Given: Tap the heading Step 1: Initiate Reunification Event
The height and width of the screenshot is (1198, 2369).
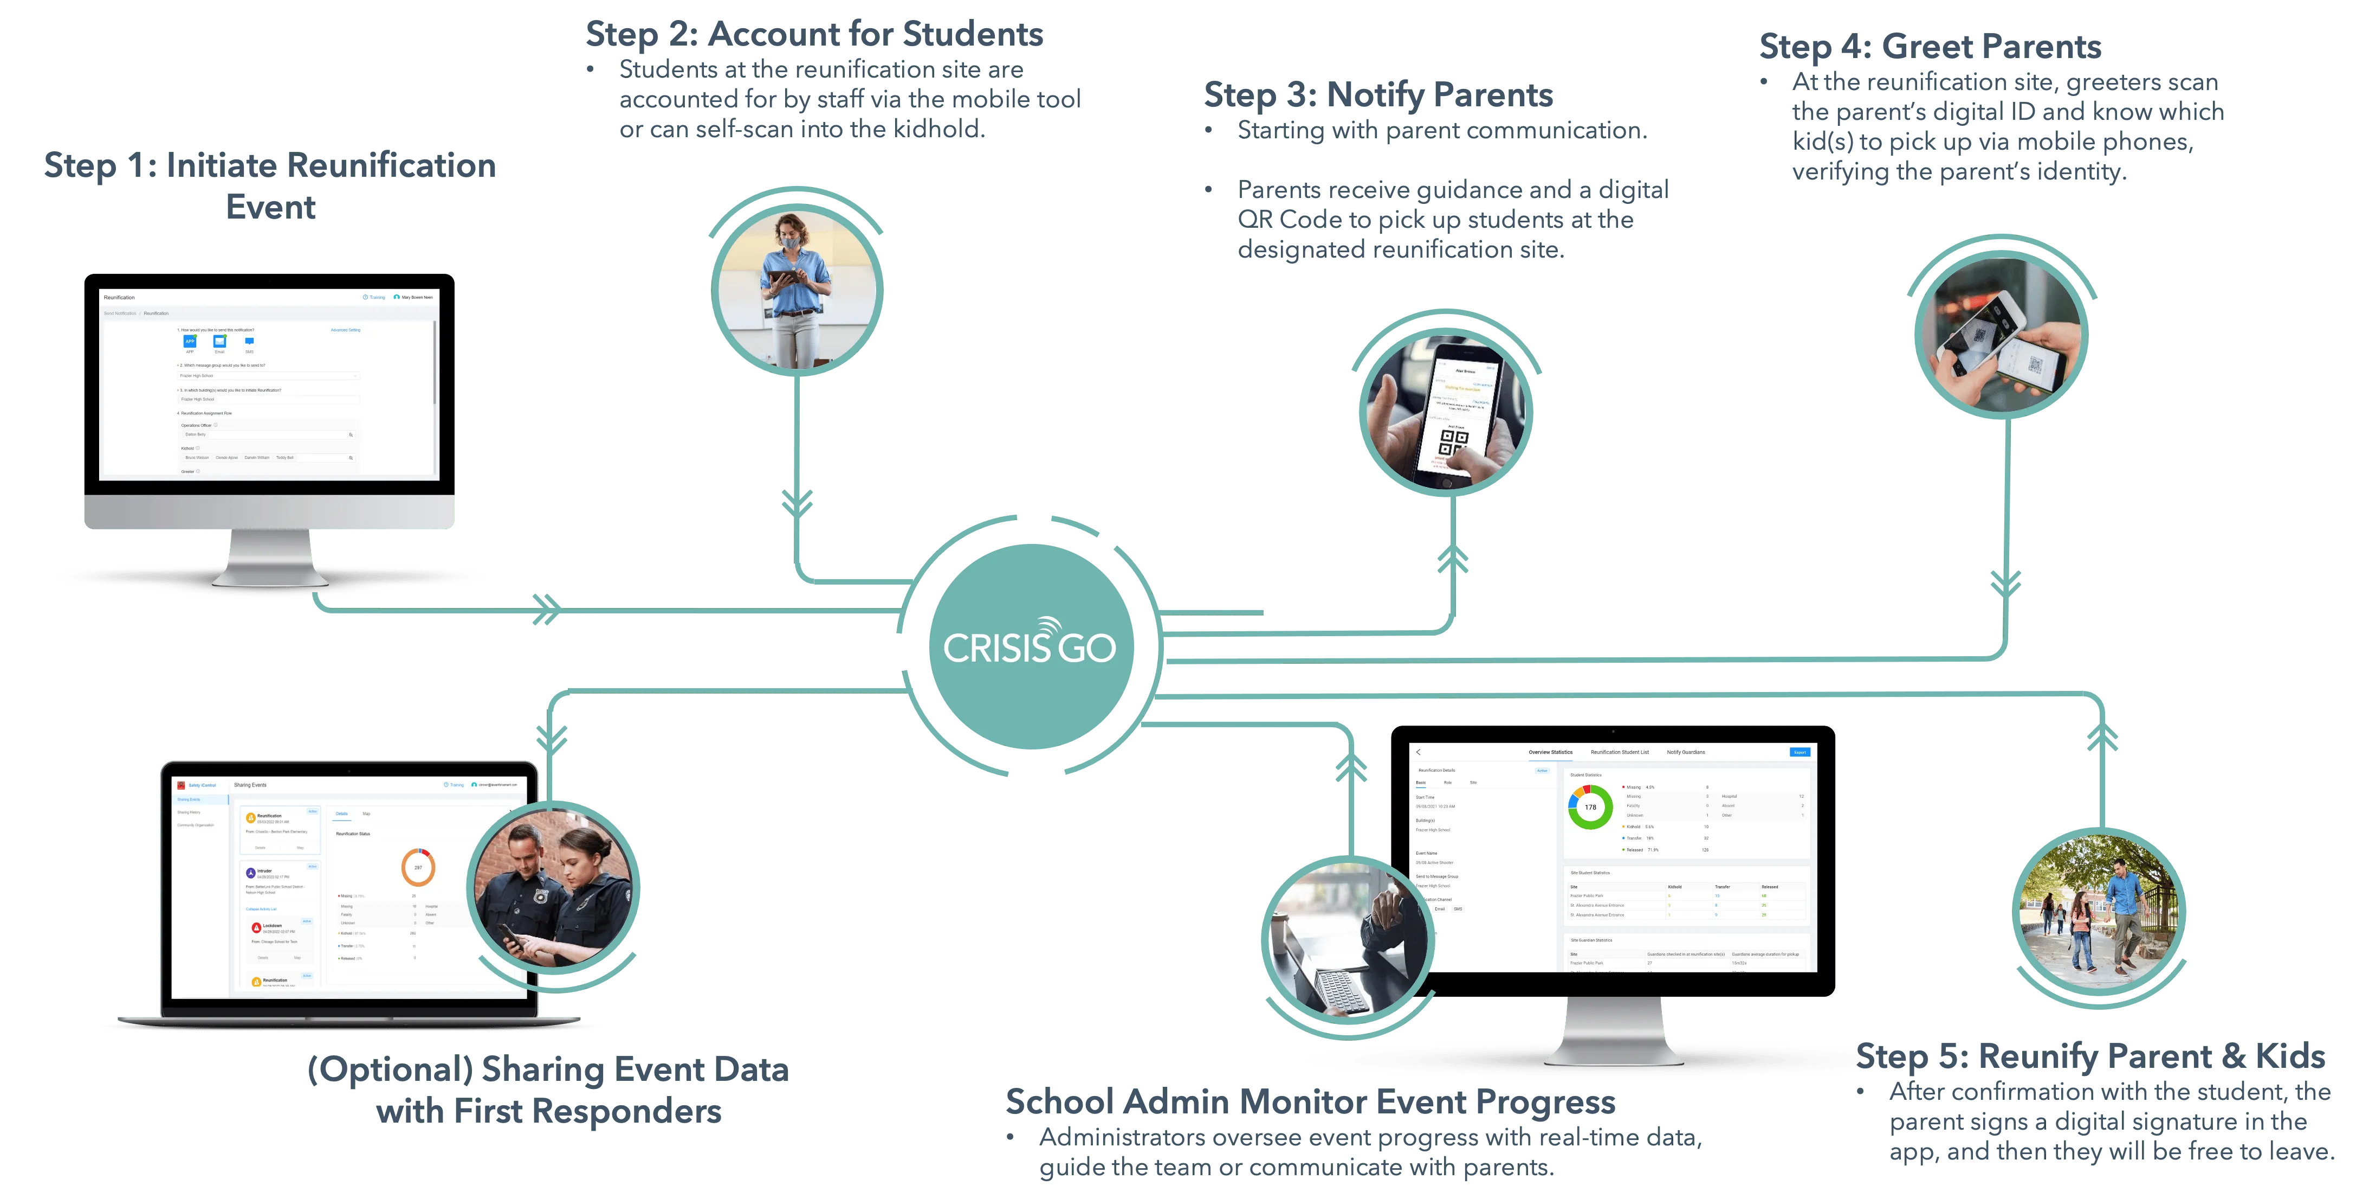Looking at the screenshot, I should point(270,184).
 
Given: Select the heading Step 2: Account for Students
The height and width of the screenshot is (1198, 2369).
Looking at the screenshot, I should point(815,35).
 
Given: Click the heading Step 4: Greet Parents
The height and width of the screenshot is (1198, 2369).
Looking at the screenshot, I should point(1930,46).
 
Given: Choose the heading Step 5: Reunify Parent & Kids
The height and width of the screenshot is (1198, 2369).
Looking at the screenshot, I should point(2091,1057).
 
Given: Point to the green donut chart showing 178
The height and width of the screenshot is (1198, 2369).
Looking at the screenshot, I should point(1590,807).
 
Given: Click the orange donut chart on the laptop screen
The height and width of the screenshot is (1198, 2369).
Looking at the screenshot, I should point(418,867).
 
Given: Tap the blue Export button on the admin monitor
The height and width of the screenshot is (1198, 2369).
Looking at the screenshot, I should point(1800,752).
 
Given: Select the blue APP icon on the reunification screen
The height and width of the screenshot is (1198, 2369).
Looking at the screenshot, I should point(190,341).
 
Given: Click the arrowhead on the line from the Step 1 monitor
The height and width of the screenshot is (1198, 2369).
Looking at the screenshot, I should point(546,608).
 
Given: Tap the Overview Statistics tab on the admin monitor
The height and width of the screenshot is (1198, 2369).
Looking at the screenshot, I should point(1550,752).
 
